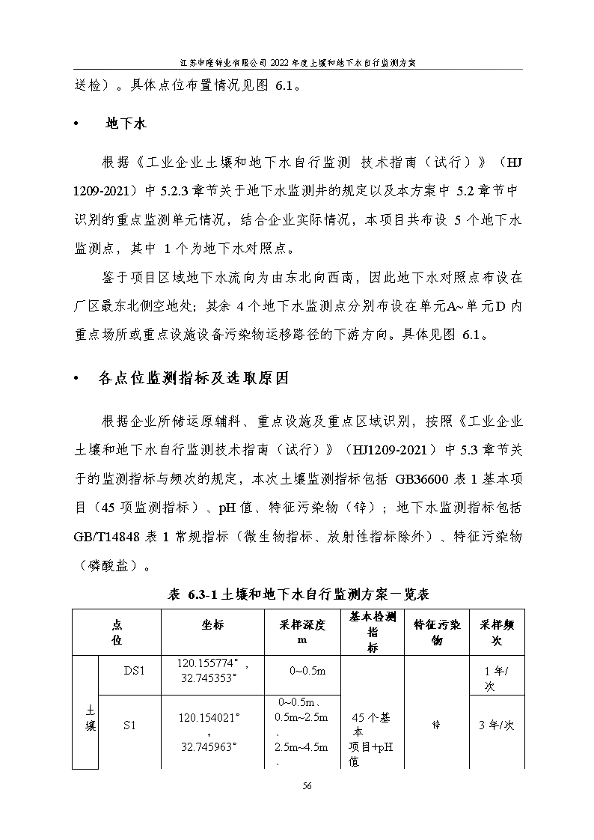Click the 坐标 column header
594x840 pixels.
212,625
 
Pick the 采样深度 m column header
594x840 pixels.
301,633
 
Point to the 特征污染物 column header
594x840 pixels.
436,633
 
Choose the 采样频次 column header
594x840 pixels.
496,633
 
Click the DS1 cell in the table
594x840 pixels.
134,670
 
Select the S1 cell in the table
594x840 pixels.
134,725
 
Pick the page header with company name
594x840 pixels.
298,62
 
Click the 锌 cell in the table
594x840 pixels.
436,725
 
